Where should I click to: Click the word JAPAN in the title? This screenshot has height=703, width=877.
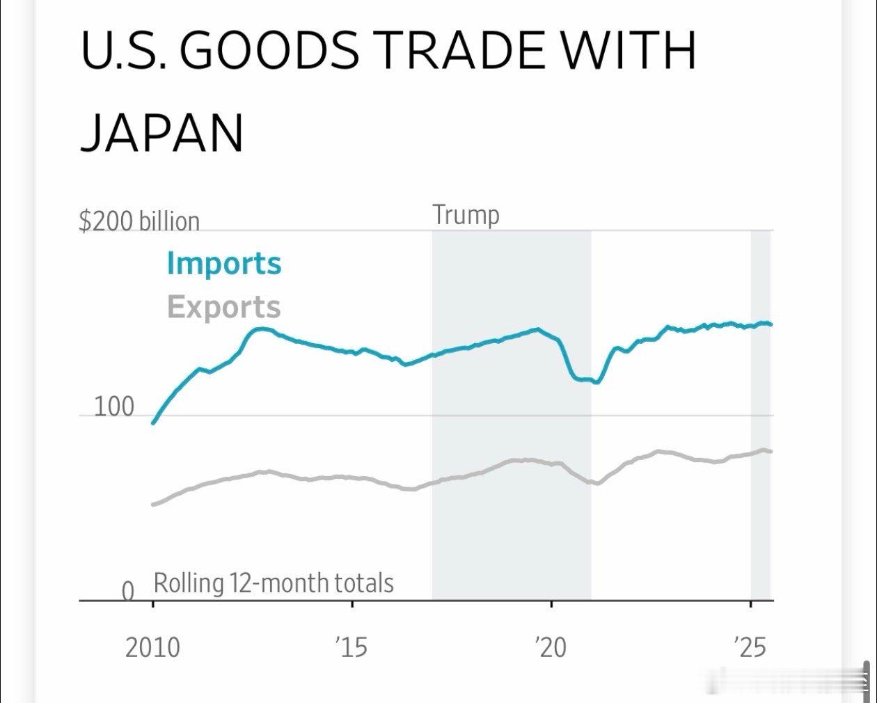tap(161, 133)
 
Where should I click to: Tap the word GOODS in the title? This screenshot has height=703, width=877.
tap(273, 51)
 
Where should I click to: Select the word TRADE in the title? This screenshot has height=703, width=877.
tap(463, 51)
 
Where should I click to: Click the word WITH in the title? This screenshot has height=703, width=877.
tap(629, 51)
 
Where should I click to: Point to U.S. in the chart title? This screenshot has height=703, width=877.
tap(123, 51)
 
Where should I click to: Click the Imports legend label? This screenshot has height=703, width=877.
tap(224, 264)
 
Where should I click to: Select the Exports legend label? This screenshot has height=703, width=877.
tap(224, 307)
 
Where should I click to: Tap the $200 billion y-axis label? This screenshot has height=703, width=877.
tap(139, 221)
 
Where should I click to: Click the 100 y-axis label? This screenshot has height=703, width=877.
tap(113, 406)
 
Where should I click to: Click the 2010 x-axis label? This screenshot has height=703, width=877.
tap(152, 647)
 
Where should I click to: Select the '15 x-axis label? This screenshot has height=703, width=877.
tap(351, 647)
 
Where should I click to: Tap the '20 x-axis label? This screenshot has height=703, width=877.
tap(551, 647)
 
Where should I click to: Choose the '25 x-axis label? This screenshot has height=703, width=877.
tap(750, 647)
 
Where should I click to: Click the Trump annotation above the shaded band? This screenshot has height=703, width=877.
tap(466, 215)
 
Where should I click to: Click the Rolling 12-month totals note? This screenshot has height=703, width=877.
tap(274, 583)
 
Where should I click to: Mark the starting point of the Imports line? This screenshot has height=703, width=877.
tap(153, 422)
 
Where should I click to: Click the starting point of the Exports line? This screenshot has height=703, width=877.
tap(153, 505)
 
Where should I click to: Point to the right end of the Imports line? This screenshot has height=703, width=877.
tap(771, 324)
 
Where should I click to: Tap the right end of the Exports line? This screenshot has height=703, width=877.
tap(771, 452)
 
